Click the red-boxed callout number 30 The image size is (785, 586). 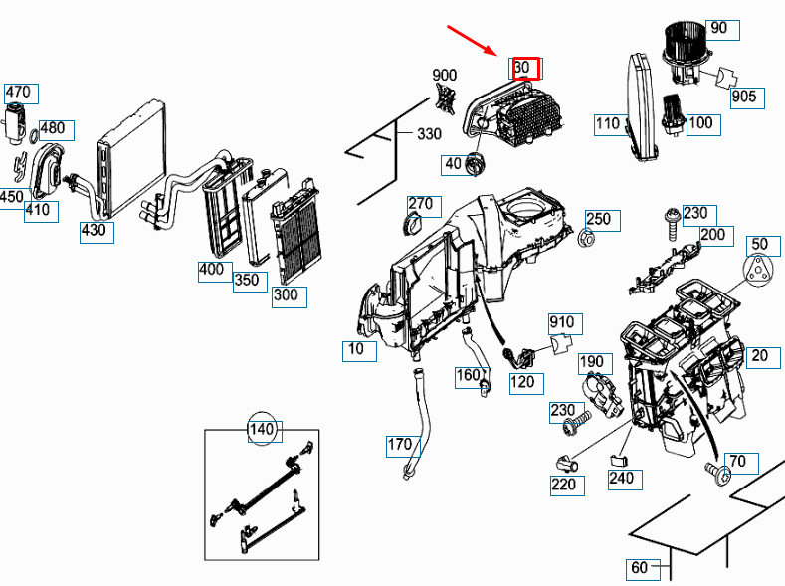click(x=524, y=68)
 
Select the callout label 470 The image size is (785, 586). click(x=18, y=93)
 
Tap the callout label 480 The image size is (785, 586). click(x=53, y=128)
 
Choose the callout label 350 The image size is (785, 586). click(x=247, y=280)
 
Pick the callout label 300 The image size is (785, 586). click(x=287, y=294)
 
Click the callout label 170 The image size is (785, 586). click(x=400, y=445)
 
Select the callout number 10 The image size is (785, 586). click(x=355, y=349)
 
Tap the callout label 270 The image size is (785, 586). click(x=421, y=204)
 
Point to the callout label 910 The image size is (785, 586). click(x=562, y=322)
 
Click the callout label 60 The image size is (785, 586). click(x=640, y=568)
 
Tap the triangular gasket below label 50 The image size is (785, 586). click(x=759, y=268)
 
